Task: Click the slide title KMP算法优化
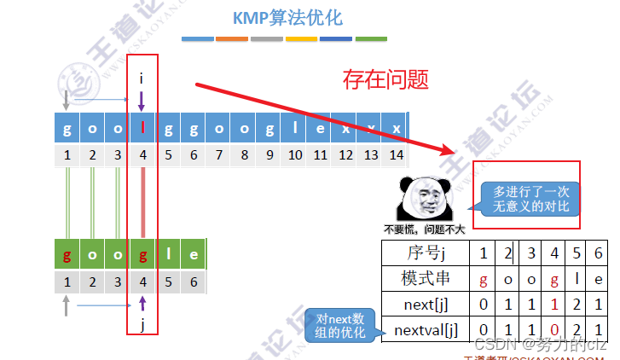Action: [x=288, y=18]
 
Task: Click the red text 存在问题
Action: [x=385, y=80]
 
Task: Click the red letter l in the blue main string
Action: [x=142, y=129]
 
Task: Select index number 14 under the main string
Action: [x=395, y=155]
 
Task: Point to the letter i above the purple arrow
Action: [x=142, y=78]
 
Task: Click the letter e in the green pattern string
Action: [x=194, y=255]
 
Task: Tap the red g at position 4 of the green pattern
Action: [x=142, y=255]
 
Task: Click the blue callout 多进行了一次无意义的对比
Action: [x=524, y=199]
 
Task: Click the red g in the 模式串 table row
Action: [x=484, y=279]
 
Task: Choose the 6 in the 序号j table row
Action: [x=600, y=253]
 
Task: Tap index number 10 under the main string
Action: [x=294, y=155]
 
